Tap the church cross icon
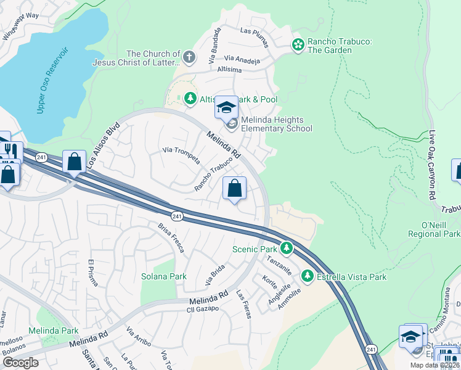pyautogui.click(x=189, y=58)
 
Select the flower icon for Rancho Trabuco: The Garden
pyautogui.click(x=298, y=44)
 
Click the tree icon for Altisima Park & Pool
pyautogui.click(x=190, y=99)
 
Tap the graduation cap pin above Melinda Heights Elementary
pyautogui.click(x=226, y=108)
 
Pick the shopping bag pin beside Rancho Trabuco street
pyautogui.click(x=234, y=188)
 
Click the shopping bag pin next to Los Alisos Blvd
pyautogui.click(x=74, y=163)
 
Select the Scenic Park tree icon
pyautogui.click(x=286, y=249)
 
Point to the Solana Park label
pyautogui.click(x=164, y=276)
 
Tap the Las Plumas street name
pyautogui.click(x=255, y=30)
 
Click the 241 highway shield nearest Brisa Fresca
pyautogui.click(x=177, y=216)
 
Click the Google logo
pyautogui.click(x=20, y=363)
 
